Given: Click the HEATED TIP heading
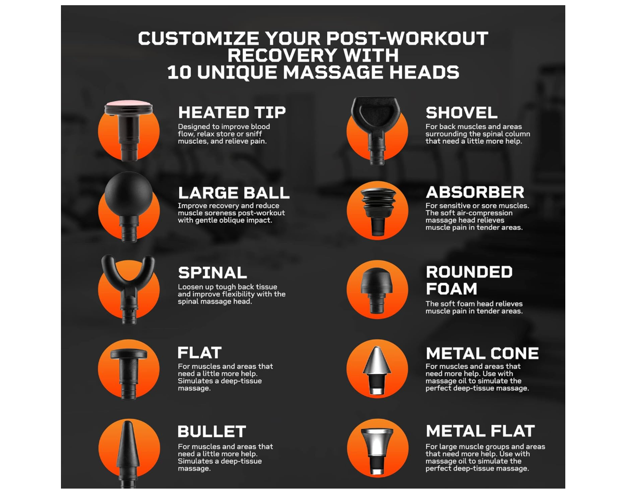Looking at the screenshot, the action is point(232,113).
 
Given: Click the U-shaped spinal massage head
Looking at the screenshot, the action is point(129,289).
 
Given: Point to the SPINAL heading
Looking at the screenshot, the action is point(213,273).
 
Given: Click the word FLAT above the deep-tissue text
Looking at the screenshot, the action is point(199,353).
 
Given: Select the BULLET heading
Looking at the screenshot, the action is point(212,431).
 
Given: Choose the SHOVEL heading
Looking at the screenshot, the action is point(462,113).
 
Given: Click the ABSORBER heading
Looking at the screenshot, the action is point(475,193).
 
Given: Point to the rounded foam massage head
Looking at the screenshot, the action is point(377,290).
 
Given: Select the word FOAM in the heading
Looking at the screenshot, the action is point(451,289).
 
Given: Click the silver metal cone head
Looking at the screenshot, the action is point(377,370).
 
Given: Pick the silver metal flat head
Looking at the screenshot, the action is point(377,451).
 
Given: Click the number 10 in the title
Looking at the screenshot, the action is point(179,73).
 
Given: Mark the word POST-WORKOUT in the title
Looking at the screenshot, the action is point(407,39).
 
